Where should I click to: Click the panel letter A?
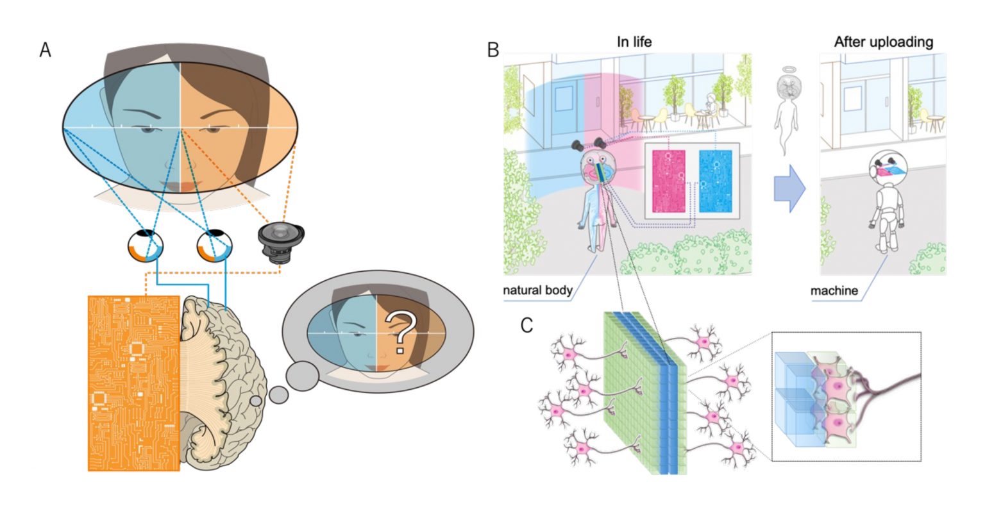pyautogui.click(x=46, y=50)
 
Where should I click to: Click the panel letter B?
pyautogui.click(x=493, y=50)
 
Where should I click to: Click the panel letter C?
pyautogui.click(x=526, y=326)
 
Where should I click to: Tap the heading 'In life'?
pyautogui.click(x=634, y=42)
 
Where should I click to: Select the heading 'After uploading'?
pyautogui.click(x=884, y=42)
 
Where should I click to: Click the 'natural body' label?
pyautogui.click(x=538, y=290)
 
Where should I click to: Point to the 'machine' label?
pyautogui.click(x=834, y=290)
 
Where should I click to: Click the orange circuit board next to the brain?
pyautogui.click(x=133, y=383)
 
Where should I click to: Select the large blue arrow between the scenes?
pyautogui.click(x=790, y=188)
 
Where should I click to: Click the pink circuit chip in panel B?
pyautogui.click(x=668, y=181)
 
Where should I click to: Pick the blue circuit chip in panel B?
pyautogui.click(x=716, y=181)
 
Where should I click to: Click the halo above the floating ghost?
pyautogui.click(x=785, y=69)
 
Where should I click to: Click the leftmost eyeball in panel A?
pyautogui.click(x=145, y=246)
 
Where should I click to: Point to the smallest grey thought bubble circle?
pyautogui.click(x=255, y=401)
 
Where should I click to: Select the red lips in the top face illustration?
pyautogui.click(x=180, y=185)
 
